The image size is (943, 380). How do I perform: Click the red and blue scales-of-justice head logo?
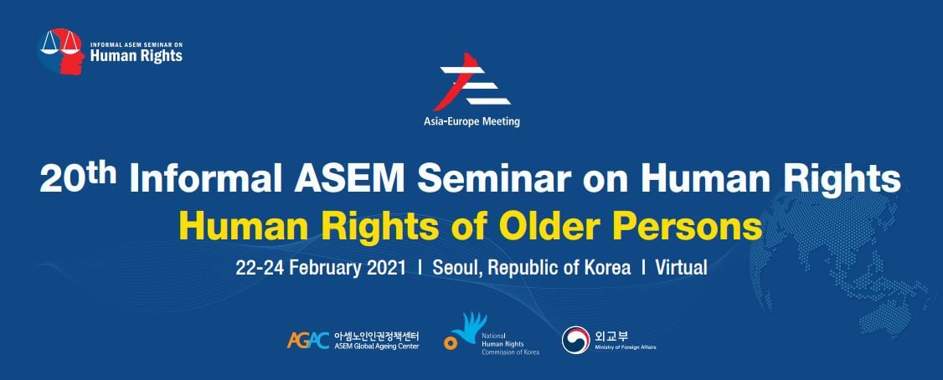[x=61, y=51]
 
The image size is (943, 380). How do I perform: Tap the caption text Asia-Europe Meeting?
[x=472, y=122]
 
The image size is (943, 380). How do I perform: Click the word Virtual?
[x=682, y=268]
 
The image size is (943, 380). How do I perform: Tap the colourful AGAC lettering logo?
[x=308, y=341]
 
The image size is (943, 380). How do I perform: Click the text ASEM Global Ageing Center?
[x=377, y=347]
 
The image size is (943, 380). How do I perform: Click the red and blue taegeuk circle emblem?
[x=575, y=340]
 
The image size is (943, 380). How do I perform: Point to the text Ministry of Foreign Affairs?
[x=626, y=347]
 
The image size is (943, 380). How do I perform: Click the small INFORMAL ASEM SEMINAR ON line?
[x=136, y=45]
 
